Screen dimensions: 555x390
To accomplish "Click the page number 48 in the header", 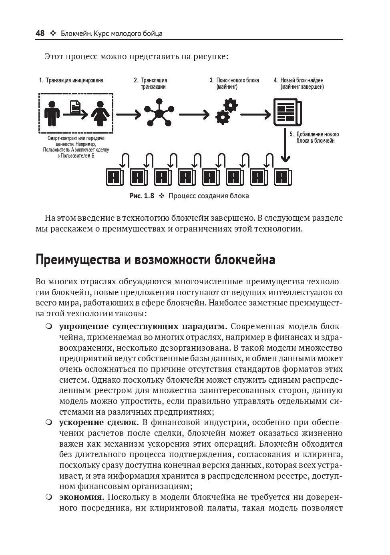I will (40, 33).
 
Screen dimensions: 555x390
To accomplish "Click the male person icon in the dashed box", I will (52, 114).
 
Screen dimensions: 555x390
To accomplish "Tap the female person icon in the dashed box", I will (98, 114).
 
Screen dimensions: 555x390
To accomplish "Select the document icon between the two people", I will (75, 107).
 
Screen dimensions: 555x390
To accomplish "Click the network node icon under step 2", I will (159, 114).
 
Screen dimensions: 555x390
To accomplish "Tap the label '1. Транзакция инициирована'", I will (71, 80).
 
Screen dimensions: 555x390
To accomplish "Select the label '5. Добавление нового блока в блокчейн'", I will (314, 137).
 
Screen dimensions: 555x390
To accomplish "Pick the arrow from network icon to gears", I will (194, 115).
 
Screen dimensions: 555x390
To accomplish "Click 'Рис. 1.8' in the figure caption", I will (141, 196).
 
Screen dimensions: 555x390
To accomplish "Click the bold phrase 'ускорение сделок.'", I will (99, 422).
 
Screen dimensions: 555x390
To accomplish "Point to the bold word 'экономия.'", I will (82, 497).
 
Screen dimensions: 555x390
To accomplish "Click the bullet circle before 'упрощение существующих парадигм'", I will (48, 326).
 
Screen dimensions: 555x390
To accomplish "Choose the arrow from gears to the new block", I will (255, 115).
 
